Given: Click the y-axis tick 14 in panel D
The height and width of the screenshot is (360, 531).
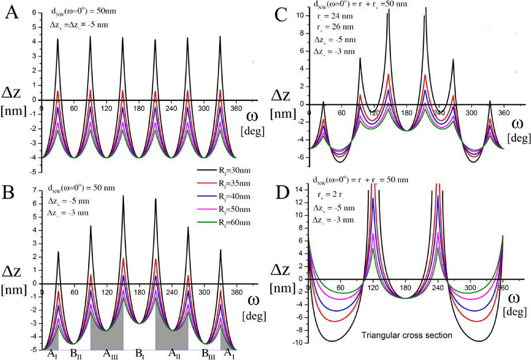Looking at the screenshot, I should point(302,189).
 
